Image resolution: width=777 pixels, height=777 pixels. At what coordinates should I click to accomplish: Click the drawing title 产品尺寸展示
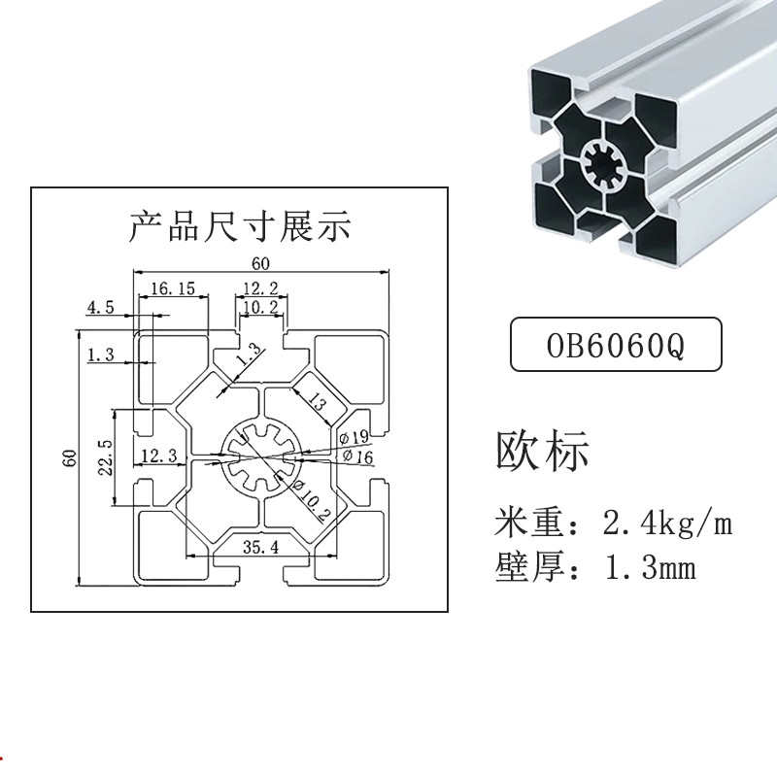coord(240,227)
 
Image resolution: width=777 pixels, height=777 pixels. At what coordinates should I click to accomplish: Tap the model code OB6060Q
coord(616,345)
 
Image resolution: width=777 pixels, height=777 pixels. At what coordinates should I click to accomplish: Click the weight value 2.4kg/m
coord(667,524)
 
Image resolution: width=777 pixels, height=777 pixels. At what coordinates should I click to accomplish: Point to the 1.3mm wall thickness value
coord(650,567)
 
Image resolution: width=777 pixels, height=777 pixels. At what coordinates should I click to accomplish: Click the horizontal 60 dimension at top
coord(260,263)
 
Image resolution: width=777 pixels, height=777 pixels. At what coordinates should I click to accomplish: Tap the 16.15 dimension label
coord(174,288)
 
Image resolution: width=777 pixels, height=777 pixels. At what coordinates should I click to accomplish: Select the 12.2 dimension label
coord(260,287)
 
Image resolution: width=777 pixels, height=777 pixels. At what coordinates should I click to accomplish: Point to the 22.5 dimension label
coord(108,456)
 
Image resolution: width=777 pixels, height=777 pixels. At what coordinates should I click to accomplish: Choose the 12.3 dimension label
coord(158,456)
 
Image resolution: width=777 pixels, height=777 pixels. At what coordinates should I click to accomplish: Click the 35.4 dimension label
coord(260,548)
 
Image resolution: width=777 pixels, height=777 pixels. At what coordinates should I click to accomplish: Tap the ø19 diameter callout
coord(355,438)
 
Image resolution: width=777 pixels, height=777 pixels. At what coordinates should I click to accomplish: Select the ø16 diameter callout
coord(355,456)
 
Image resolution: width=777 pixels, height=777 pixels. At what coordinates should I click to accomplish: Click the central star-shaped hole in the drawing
coord(259,456)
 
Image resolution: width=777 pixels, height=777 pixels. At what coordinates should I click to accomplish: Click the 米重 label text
coord(532,524)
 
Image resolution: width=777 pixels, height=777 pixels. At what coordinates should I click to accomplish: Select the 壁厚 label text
coord(532,567)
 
